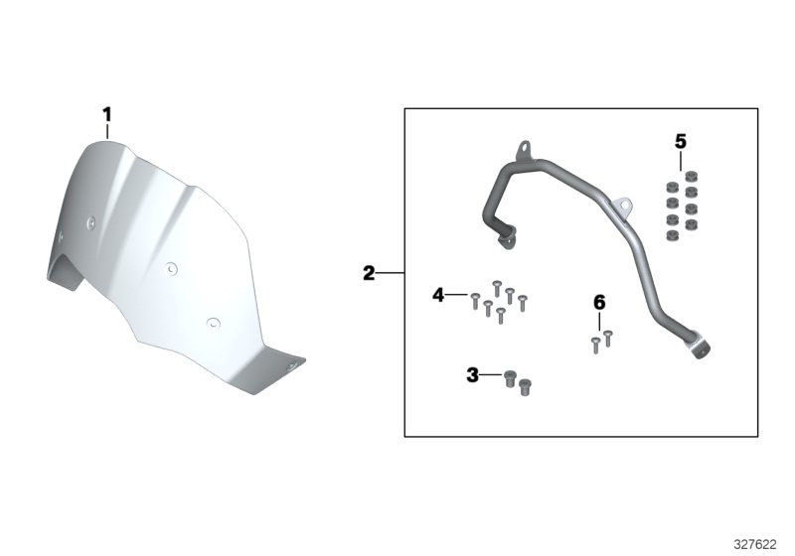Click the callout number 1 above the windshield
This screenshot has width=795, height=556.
pyautogui.click(x=106, y=114)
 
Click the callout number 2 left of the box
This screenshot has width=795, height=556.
pyautogui.click(x=369, y=273)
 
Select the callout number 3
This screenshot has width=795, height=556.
pyautogui.click(x=472, y=375)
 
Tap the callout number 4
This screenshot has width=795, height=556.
pyautogui.click(x=438, y=295)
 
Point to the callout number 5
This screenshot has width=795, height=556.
pyautogui.click(x=681, y=142)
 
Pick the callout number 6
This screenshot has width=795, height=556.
pyautogui.click(x=599, y=303)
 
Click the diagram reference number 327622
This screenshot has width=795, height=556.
pyautogui.click(x=755, y=544)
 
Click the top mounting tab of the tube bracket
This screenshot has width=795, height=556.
pyautogui.click(x=524, y=150)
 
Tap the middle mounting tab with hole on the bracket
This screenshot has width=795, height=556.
pyautogui.click(x=623, y=206)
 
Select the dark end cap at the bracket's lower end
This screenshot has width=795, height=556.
pyautogui.click(x=702, y=350)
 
